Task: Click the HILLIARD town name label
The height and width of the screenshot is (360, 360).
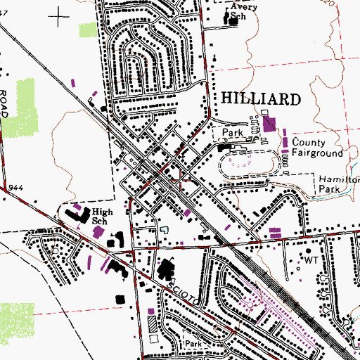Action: click(261, 98)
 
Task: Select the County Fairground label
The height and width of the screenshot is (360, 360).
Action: click(317, 147)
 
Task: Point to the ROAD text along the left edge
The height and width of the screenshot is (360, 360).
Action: click(4, 102)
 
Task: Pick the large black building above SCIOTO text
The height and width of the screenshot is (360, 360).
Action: click(168, 268)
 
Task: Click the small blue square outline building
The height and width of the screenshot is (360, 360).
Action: click(165, 229)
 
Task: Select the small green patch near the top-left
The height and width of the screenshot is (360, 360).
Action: click(88, 30)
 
